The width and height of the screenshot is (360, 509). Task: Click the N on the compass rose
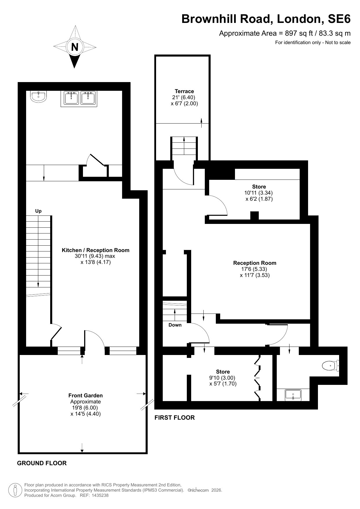click(x=75, y=47)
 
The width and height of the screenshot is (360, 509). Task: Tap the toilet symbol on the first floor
click(x=330, y=366)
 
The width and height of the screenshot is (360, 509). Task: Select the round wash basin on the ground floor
click(x=38, y=97)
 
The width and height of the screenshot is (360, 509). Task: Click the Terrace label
click(x=184, y=91)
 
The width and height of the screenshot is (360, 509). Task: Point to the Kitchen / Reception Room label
click(x=96, y=250)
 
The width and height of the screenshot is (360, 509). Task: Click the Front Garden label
click(x=86, y=395)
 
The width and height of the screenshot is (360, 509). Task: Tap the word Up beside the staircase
click(x=38, y=211)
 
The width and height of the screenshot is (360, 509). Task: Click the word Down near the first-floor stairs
click(x=175, y=325)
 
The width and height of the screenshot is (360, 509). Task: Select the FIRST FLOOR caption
click(x=175, y=417)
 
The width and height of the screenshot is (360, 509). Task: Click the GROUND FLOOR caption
click(x=42, y=463)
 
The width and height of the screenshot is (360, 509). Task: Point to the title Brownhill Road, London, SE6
click(x=266, y=19)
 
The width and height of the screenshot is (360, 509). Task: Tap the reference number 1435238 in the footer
click(x=100, y=495)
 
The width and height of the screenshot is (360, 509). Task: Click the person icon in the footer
click(x=15, y=490)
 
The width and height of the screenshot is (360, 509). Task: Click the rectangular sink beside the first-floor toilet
click(x=293, y=395)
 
